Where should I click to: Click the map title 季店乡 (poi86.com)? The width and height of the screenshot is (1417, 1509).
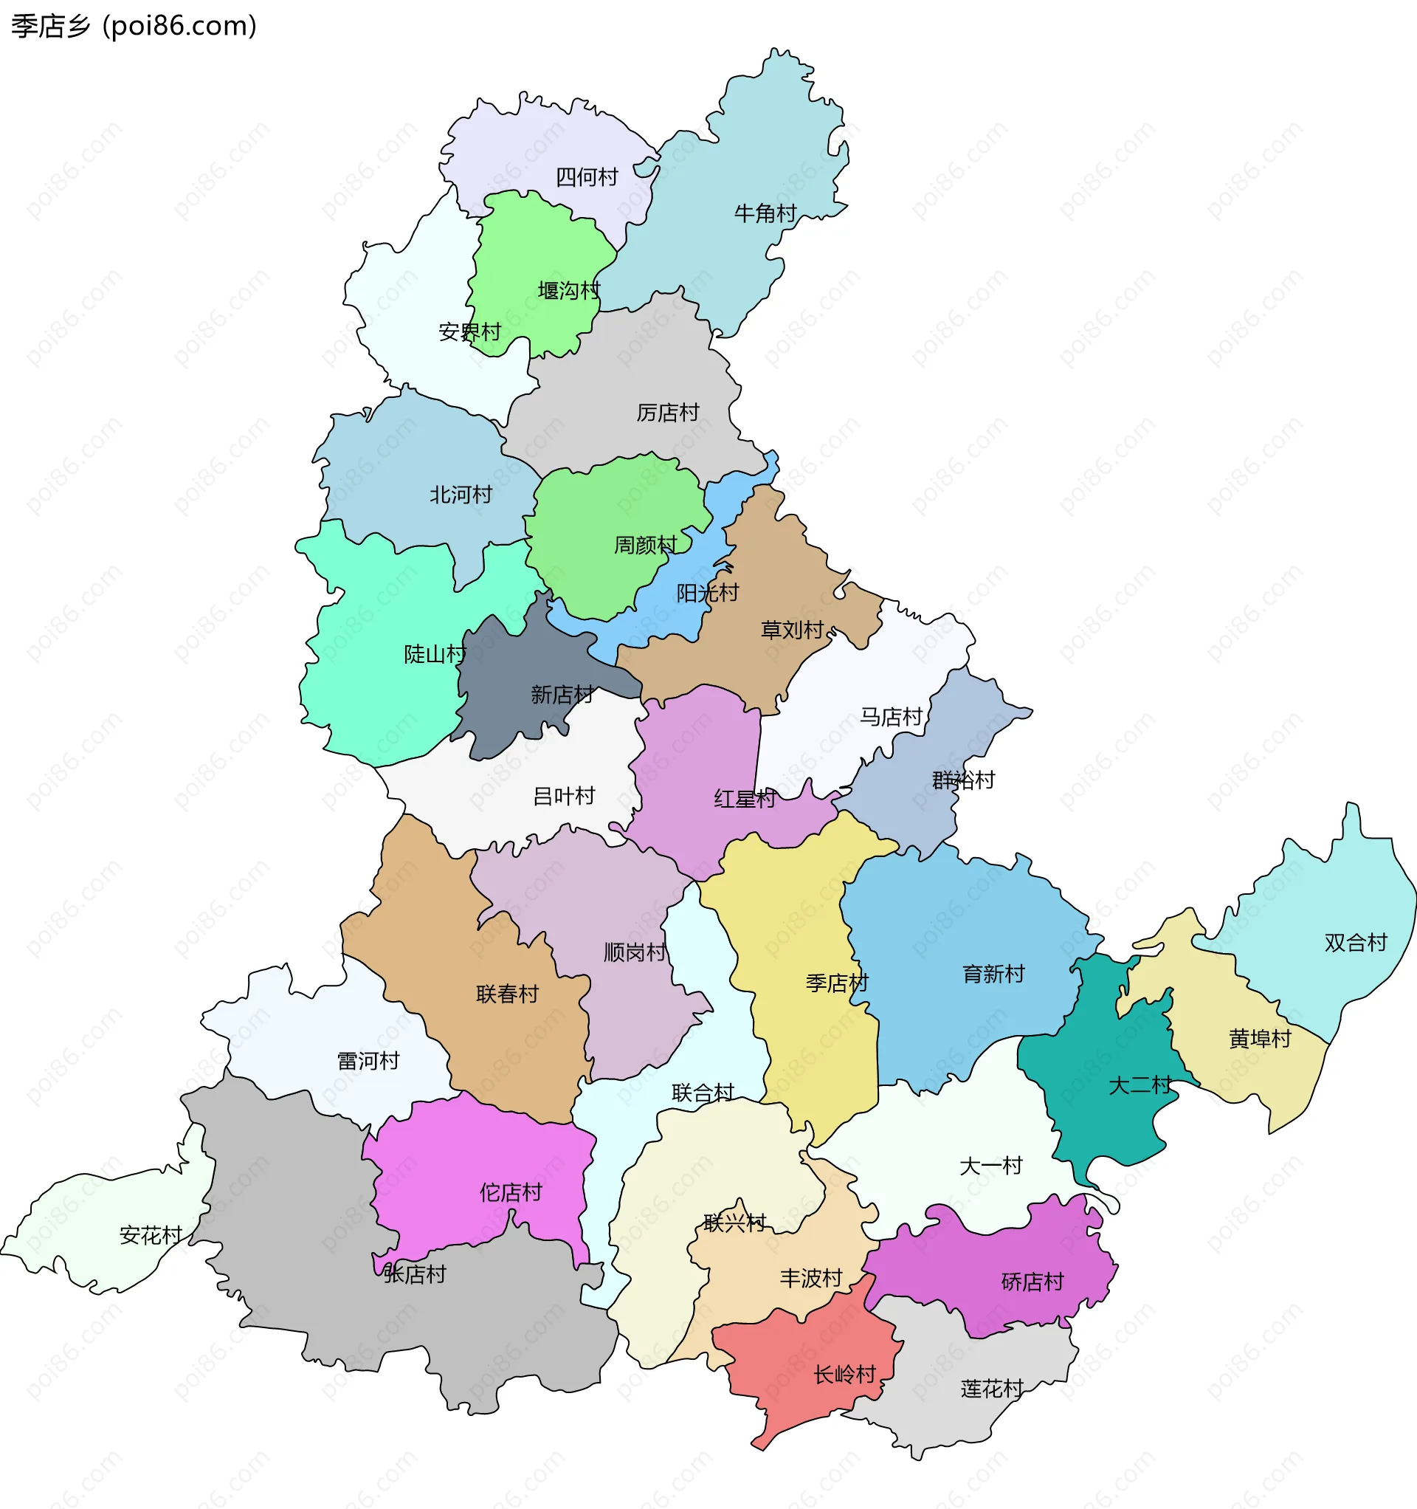coord(134,27)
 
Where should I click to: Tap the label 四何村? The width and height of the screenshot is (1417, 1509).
coord(587,178)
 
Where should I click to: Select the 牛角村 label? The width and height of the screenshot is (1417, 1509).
coord(765,214)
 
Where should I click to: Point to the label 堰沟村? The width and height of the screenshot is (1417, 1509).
coord(568,291)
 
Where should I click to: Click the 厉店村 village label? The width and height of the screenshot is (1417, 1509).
coord(667,413)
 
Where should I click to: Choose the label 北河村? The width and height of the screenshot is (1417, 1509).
coord(461,495)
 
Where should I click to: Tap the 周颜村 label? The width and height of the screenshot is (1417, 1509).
coord(644,545)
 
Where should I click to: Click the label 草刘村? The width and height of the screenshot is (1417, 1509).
coord(792,630)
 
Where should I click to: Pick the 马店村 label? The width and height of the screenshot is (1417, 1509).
coord(890,717)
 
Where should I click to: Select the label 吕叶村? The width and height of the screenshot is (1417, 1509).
coord(564,797)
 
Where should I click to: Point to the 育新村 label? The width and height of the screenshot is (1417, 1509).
coord(993,974)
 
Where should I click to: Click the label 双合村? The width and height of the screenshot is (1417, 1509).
coord(1356,943)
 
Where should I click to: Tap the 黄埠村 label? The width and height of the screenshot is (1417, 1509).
coord(1260,1039)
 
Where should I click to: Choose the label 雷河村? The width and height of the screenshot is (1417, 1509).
coord(368,1060)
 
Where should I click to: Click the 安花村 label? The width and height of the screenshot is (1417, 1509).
coord(151,1235)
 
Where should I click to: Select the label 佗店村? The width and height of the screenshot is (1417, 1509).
coord(510,1192)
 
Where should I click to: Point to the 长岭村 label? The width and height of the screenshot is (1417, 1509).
coord(845,1374)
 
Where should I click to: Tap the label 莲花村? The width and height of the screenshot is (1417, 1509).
coord(991,1389)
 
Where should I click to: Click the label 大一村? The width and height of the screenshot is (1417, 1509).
coord(990,1165)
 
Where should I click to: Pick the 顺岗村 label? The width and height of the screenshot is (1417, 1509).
coord(635,952)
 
